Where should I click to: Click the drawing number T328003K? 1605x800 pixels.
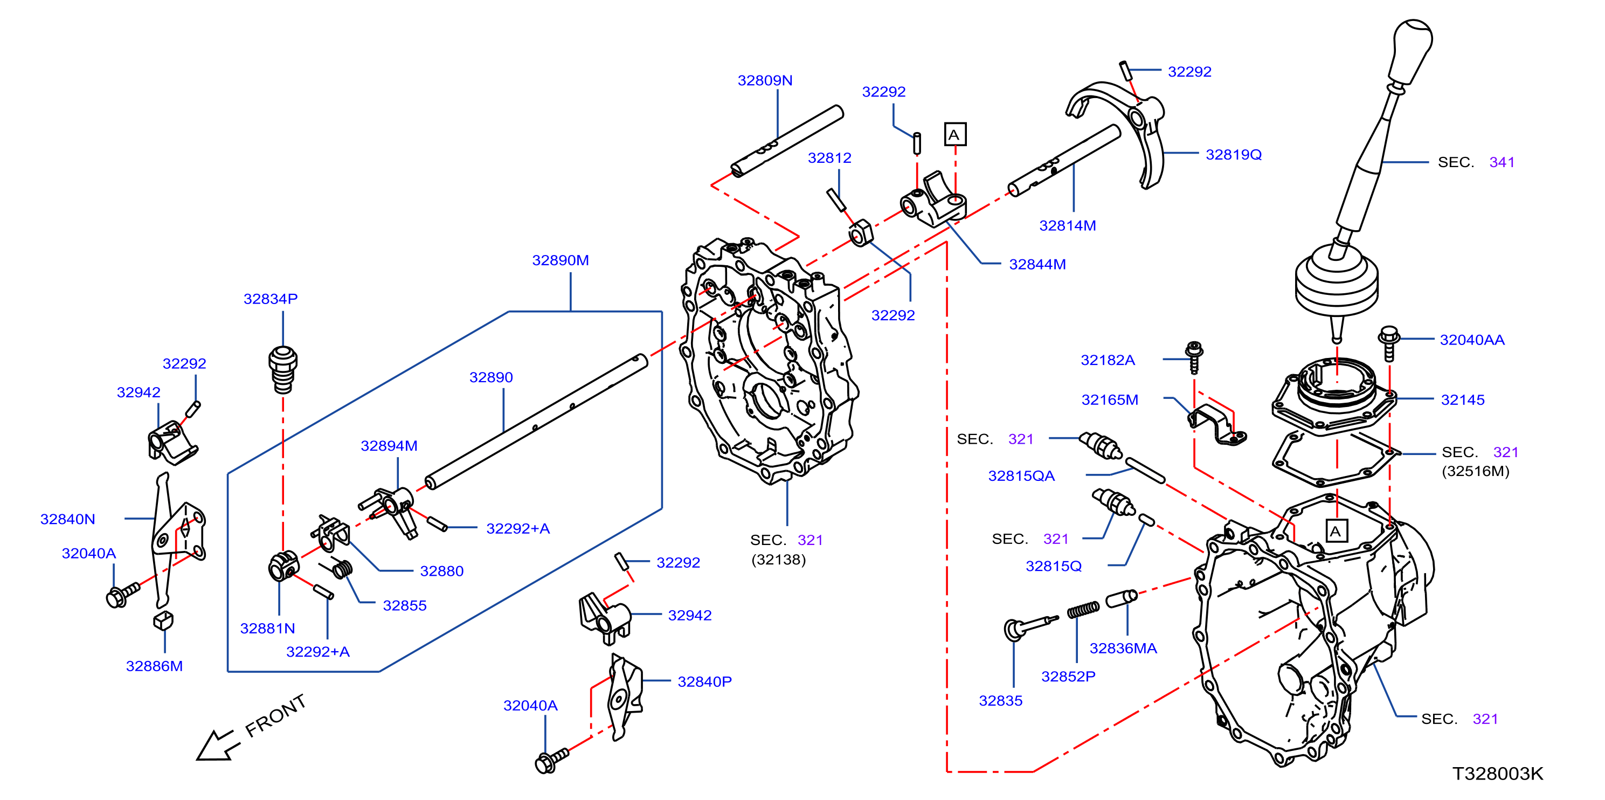click(1497, 773)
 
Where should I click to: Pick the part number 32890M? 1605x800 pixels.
click(560, 260)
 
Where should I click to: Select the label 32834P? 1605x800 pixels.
click(271, 299)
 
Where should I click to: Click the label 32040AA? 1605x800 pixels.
click(1472, 340)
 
